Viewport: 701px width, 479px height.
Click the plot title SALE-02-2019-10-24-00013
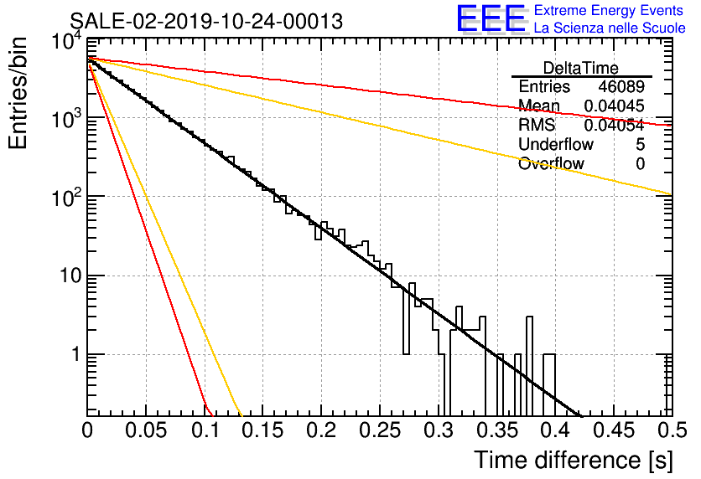pyautogui.click(x=206, y=21)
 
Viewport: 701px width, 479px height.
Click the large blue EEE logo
pyautogui.click(x=491, y=18)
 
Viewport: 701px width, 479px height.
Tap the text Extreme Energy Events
pyautogui.click(x=609, y=10)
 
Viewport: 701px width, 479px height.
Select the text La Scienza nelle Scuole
pyautogui.click(x=610, y=28)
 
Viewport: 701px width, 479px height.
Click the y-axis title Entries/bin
pyautogui.click(x=18, y=94)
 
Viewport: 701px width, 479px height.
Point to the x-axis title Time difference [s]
pyautogui.click(x=574, y=460)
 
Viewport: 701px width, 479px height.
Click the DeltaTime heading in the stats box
pyautogui.click(x=580, y=68)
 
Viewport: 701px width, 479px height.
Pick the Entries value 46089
pyautogui.click(x=621, y=86)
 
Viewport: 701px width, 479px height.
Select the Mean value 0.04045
pyautogui.click(x=614, y=106)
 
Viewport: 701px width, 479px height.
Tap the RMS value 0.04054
pyautogui.click(x=614, y=125)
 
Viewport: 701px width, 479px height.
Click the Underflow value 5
pyautogui.click(x=640, y=144)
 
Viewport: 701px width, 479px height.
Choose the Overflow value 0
pyautogui.click(x=640, y=164)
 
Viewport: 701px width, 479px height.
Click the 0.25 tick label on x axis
pyautogui.click(x=380, y=430)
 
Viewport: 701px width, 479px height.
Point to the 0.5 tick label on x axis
pyautogui.click(x=672, y=430)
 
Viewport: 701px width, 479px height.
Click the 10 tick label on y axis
pyautogui.click(x=71, y=276)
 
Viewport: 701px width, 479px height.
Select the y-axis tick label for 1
pyautogui.click(x=76, y=355)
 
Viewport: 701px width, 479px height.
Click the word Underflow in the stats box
pyautogui.click(x=556, y=144)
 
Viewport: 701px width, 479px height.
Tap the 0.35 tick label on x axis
pyautogui.click(x=496, y=430)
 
